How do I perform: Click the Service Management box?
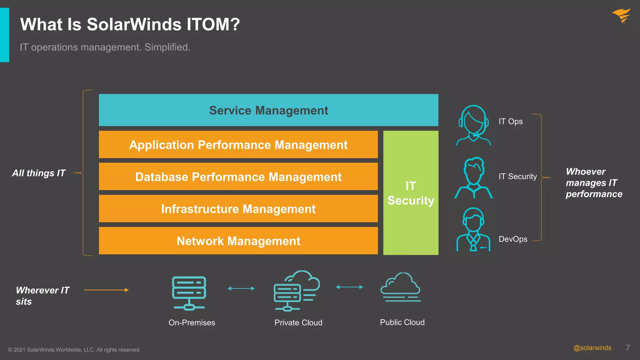pos(268,110)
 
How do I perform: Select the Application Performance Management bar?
pos(238,145)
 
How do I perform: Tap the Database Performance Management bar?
pos(238,177)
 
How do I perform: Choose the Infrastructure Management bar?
pos(238,209)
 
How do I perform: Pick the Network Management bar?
pos(238,241)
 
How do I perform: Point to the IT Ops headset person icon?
pos(473,125)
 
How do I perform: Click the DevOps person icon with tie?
pos(473,230)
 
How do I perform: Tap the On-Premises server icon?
pos(189,293)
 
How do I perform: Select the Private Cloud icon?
pos(297,291)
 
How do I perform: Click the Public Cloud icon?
pos(401,287)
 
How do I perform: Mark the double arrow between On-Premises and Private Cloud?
pos(241,288)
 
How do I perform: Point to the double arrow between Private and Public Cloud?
pos(349,287)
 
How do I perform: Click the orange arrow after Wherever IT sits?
pos(106,290)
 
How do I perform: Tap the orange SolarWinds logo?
pos(622,15)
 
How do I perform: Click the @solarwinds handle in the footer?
pos(592,348)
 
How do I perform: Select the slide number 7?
pos(628,348)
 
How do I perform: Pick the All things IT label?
pos(39,173)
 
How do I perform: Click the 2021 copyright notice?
pos(74,350)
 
